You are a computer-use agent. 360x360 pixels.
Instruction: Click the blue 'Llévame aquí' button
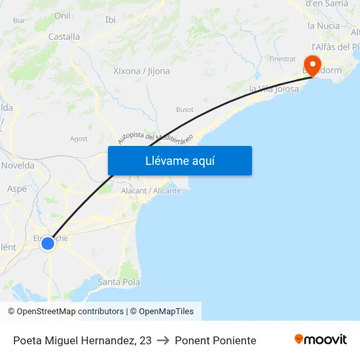tap(180, 160)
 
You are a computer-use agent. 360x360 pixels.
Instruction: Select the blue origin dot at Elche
tap(48, 243)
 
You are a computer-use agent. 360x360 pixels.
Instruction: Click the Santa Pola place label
tap(118, 281)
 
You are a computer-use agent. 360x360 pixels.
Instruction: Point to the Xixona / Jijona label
tap(141, 71)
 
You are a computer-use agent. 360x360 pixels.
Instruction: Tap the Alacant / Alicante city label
tap(151, 190)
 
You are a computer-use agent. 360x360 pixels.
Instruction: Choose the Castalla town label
tap(64, 37)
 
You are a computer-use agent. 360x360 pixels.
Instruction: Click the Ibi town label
tap(111, 20)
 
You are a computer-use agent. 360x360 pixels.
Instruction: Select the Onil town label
tap(63, 16)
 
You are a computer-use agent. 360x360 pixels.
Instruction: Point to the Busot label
tap(185, 109)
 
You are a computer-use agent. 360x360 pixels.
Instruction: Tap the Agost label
tap(79, 139)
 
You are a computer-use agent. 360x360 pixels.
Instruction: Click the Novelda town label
tap(18, 166)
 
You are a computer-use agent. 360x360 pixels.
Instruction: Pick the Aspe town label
tap(16, 189)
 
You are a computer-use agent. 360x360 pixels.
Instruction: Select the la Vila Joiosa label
tap(274, 89)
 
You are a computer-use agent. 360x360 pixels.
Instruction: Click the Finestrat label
tap(283, 59)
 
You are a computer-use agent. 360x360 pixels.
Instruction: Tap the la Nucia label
tap(324, 26)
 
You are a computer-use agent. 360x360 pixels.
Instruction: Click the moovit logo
tap(321, 339)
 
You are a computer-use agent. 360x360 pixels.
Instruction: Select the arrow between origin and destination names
tap(163, 340)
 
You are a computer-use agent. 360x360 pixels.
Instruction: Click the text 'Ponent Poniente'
tap(215, 340)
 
